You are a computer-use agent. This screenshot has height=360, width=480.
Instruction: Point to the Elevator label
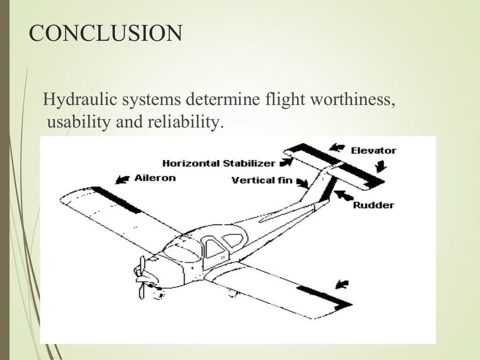pos(373,150)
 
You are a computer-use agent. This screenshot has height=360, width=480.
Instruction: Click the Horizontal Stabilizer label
pos(218,164)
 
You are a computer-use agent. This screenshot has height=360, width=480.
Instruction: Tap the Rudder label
pos(373,205)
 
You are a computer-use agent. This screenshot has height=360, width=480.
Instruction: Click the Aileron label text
pos(155,178)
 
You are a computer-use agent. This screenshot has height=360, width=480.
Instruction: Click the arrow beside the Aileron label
pos(123,179)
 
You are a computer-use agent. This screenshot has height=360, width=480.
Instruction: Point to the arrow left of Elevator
pos(336,147)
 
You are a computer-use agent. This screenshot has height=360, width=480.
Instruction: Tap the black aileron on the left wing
pos(115,199)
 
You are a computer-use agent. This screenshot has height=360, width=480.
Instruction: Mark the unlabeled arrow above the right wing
pos(343,283)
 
